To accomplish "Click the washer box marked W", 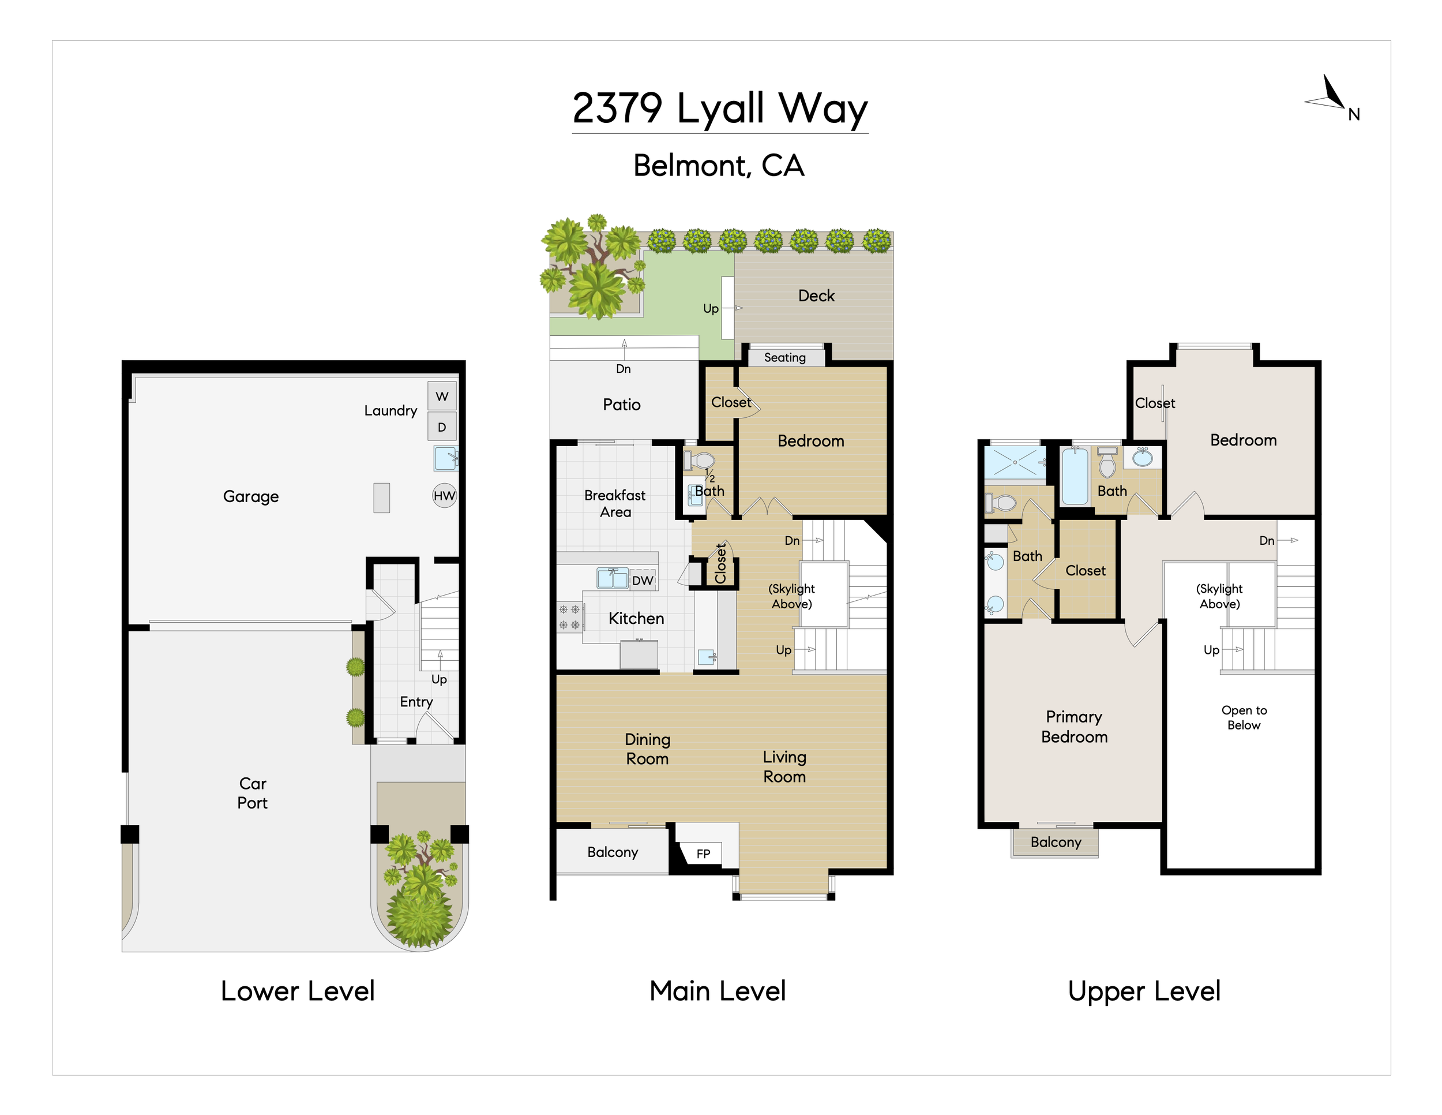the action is (x=442, y=396).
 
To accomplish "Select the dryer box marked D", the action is (x=442, y=426).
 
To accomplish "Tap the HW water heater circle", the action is (x=444, y=495).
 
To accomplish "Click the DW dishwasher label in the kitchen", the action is (x=643, y=581).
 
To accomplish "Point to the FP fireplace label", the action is (x=703, y=854).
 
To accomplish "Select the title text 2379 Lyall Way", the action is (x=720, y=108).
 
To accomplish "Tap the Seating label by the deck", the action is (x=784, y=357).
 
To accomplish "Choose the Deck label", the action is (x=816, y=296).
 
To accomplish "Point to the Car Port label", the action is (x=252, y=792).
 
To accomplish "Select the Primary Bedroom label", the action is (x=1074, y=727).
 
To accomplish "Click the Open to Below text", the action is (x=1244, y=717).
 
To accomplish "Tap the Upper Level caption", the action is (x=1144, y=991).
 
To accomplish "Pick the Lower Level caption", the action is (x=298, y=991).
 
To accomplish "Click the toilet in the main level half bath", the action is (x=699, y=461).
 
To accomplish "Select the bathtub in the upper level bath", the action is (x=1075, y=476).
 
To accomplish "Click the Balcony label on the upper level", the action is (x=1056, y=842).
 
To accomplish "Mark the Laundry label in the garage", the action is (x=390, y=411).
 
